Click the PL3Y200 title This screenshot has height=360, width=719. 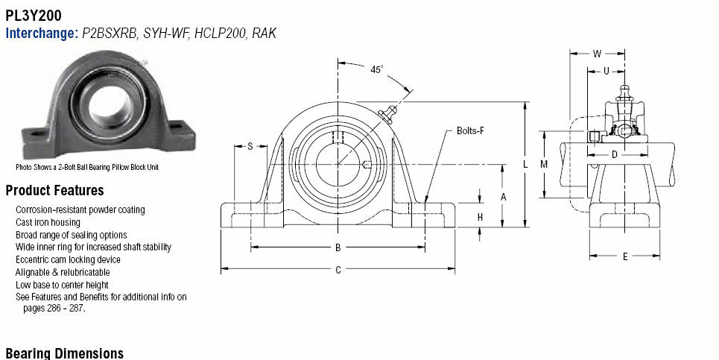point(34,16)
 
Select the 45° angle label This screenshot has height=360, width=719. point(376,70)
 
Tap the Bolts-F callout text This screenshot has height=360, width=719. point(470,130)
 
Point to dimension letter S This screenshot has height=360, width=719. point(250,146)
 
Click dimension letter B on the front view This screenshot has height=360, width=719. point(338,247)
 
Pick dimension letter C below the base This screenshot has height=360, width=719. point(338,270)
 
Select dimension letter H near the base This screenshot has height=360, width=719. point(480,217)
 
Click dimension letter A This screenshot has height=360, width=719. point(503,198)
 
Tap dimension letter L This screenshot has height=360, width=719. point(525,164)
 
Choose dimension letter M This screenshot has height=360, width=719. point(544,164)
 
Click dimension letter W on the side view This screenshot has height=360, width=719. point(597,54)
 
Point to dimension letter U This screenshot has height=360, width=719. point(606,71)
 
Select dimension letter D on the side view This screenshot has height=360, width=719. point(615,155)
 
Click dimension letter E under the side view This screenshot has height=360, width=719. point(624,257)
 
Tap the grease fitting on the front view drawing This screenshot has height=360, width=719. point(388,114)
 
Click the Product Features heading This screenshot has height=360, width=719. point(54,190)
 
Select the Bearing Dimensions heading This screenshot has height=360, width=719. point(65,353)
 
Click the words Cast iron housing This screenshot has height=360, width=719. point(48,222)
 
